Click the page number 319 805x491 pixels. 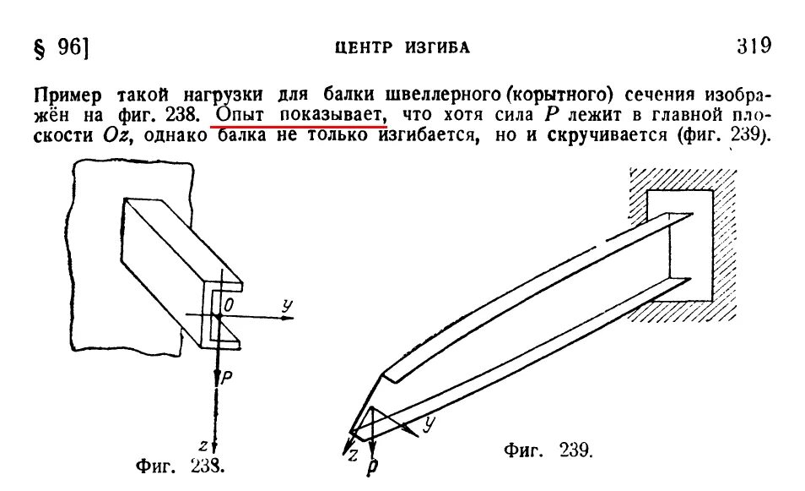tap(754, 45)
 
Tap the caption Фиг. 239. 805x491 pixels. tap(549, 450)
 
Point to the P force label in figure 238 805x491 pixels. tap(225, 379)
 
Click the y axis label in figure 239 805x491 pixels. tap(430, 420)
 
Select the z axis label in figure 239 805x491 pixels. tap(354, 456)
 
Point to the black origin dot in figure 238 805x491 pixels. tap(217, 316)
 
